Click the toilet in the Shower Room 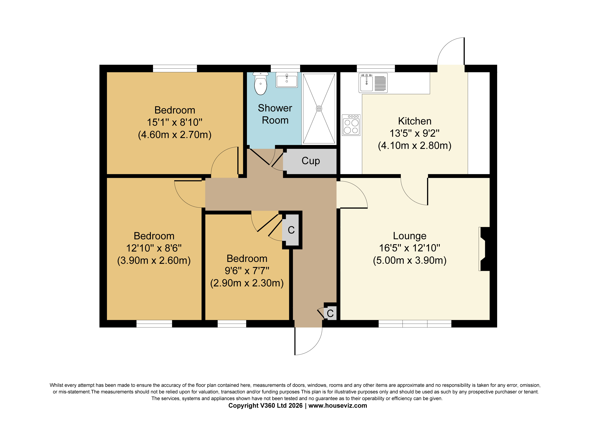coord(260,84)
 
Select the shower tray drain coord(319,108)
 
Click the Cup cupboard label coord(311,161)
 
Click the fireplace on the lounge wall coord(484,249)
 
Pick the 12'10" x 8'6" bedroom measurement coord(154,248)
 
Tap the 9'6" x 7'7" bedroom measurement coord(247,271)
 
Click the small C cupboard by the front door coord(330,313)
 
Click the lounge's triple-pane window coord(415,324)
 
